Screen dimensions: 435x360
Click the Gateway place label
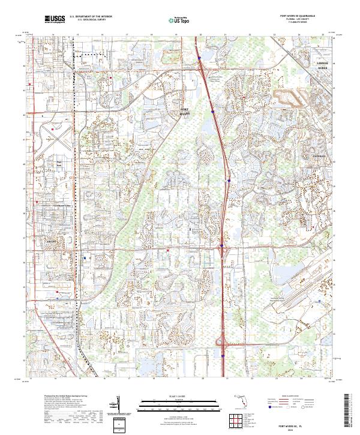pyautogui.click(x=317, y=155)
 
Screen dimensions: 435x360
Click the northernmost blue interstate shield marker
pyautogui.click(x=199, y=58)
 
